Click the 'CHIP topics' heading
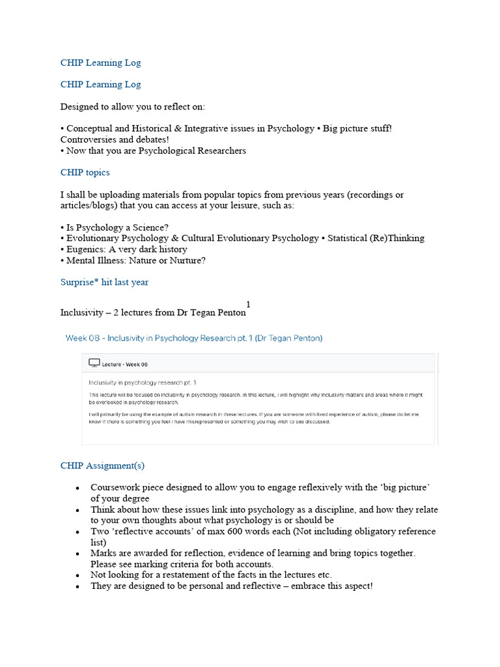click(85, 173)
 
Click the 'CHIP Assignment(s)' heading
click(102, 466)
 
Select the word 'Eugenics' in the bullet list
click(85, 249)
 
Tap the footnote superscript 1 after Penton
click(248, 304)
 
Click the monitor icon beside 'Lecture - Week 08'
click(94, 363)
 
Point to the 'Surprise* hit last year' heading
click(104, 282)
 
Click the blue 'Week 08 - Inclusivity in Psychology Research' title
click(193, 338)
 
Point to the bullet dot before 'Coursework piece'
click(77, 488)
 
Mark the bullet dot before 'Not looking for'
click(77, 576)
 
